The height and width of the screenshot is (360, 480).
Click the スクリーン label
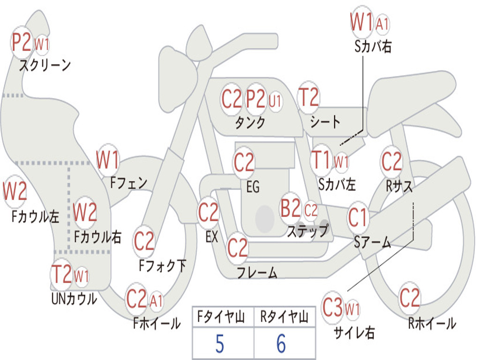pyautogui.click(x=45, y=65)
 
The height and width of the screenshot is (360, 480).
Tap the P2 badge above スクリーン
pyautogui.click(x=22, y=43)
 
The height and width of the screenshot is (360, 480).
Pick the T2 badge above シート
pyautogui.click(x=308, y=97)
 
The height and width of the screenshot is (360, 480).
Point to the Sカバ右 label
pyautogui.click(x=373, y=46)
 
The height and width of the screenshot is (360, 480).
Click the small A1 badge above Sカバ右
pyautogui.click(x=382, y=23)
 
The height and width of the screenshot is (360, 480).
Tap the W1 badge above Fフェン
pyautogui.click(x=107, y=160)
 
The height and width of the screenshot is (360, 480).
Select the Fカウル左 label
pyautogui.click(x=36, y=216)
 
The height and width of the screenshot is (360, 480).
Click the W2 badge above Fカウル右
pyautogui.click(x=85, y=212)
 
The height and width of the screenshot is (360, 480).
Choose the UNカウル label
pyautogui.click(x=74, y=298)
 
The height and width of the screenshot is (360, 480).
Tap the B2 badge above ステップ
pyautogui.click(x=291, y=209)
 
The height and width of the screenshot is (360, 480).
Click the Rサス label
pyautogui.click(x=399, y=186)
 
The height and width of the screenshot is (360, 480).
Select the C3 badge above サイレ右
pyautogui.click(x=332, y=307)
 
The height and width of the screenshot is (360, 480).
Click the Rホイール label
pyautogui.click(x=432, y=323)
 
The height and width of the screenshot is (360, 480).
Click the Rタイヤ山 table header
pyautogui.click(x=284, y=318)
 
